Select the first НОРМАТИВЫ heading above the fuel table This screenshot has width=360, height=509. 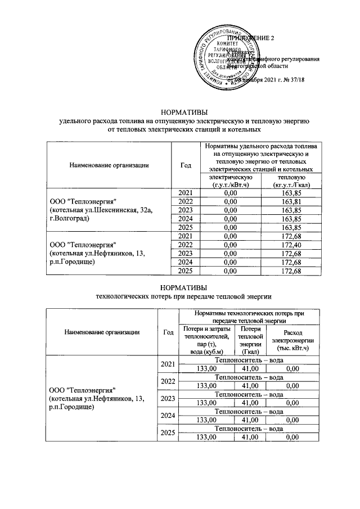pos(183,112)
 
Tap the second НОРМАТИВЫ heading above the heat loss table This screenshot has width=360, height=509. pos(183,287)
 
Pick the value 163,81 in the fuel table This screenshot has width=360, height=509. pos(288,201)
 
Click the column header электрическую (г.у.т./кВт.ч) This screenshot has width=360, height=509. pos(228,181)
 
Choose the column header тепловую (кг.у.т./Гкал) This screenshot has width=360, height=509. pos(288,181)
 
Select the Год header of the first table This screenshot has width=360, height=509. pos(186,165)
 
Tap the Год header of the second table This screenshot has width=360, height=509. pos(168,332)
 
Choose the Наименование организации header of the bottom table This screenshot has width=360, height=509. pos(101,332)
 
